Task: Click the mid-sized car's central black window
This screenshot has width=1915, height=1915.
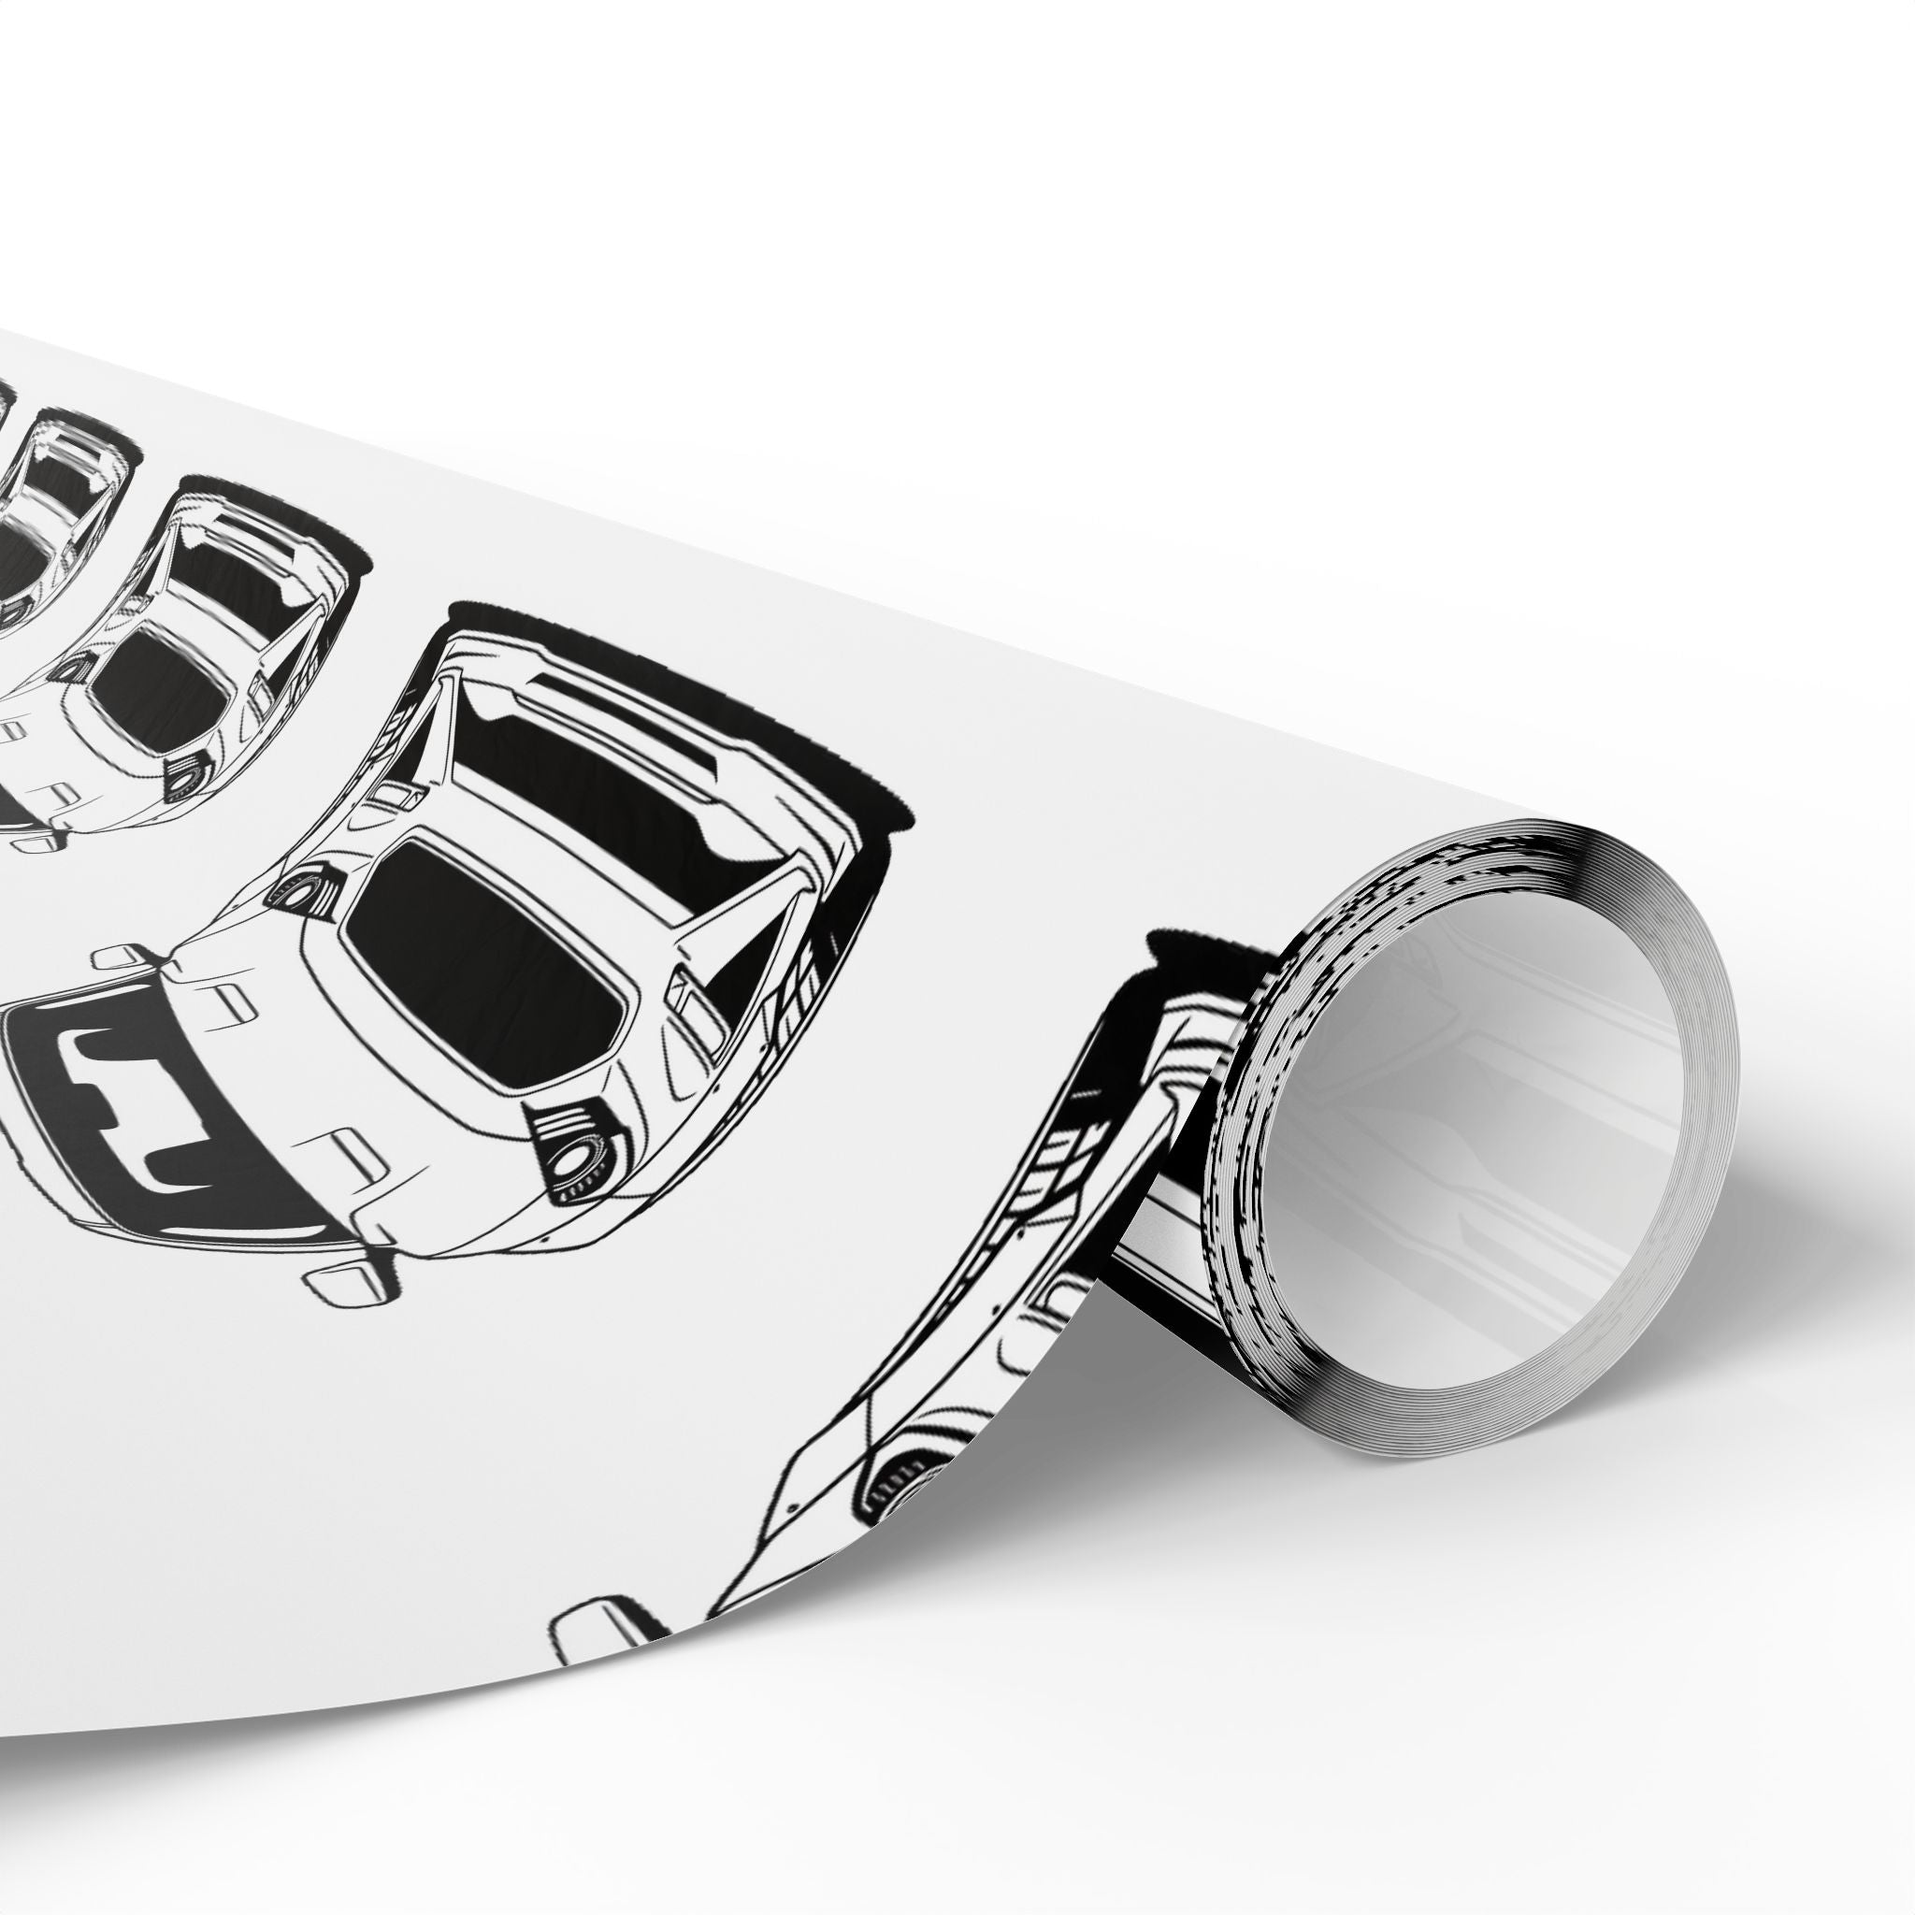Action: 159,674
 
